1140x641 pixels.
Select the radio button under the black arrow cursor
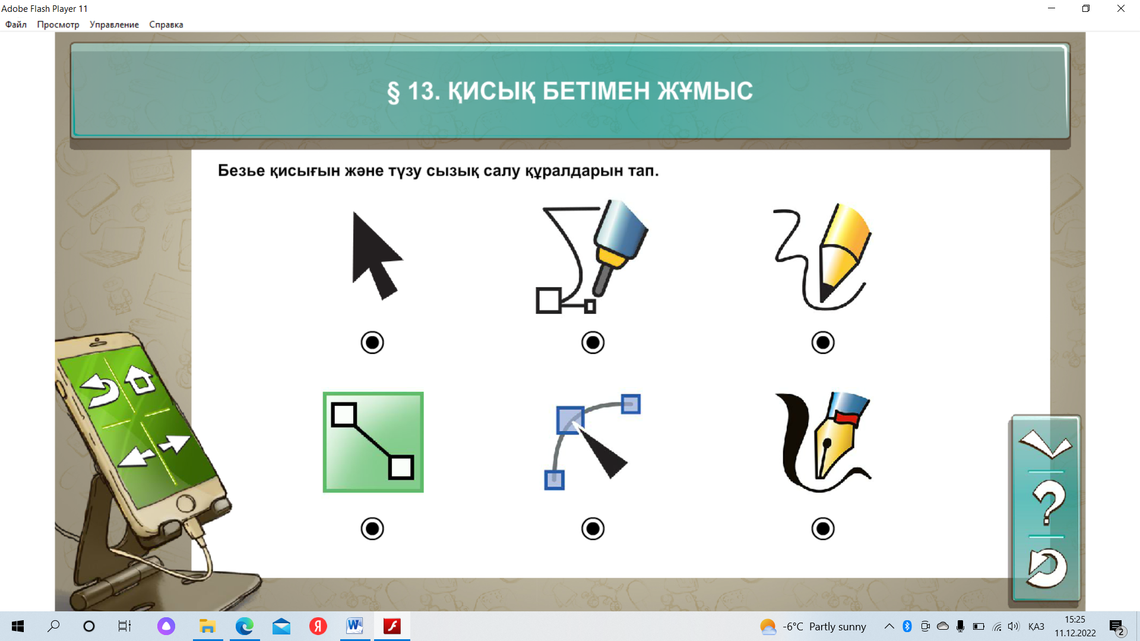pos(372,342)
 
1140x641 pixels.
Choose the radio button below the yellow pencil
pos(823,342)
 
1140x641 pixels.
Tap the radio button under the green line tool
pos(372,528)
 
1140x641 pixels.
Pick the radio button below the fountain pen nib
pos(823,528)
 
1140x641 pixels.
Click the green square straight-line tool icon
pos(373,442)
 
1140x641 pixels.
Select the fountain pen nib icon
pos(824,442)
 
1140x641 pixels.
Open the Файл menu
pos(16,24)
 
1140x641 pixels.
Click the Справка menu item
pos(166,24)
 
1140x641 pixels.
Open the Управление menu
pos(114,24)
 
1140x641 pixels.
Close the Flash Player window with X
pos(1121,8)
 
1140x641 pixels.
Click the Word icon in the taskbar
pos(354,626)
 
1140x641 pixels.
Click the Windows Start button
pos(18,626)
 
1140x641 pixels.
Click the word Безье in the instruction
pos(241,171)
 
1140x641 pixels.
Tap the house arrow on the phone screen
pos(140,380)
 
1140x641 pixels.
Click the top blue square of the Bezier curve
pos(631,404)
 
